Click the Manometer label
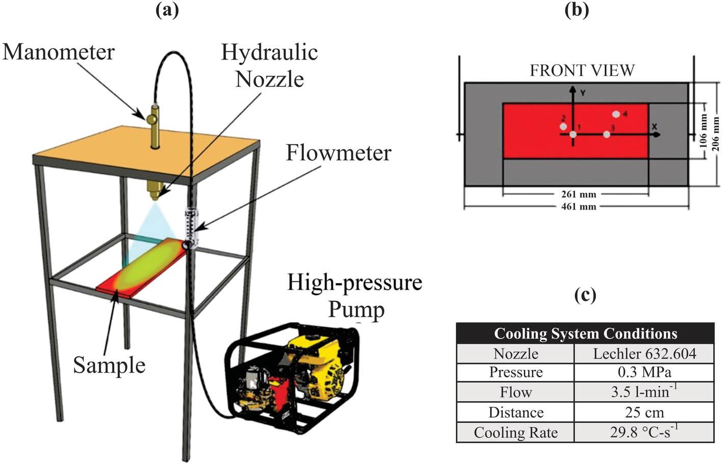pyautogui.click(x=59, y=53)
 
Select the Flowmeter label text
pyautogui.click(x=339, y=153)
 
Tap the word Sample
pyautogui.click(x=109, y=365)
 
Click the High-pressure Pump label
pyautogui.click(x=355, y=296)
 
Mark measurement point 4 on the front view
pyautogui.click(x=616, y=114)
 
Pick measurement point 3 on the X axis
pyautogui.click(x=607, y=134)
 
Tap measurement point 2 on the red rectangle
pyautogui.click(x=563, y=126)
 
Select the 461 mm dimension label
pyautogui.click(x=578, y=207)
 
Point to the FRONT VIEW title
pyautogui.click(x=582, y=70)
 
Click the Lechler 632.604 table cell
pyautogui.click(x=644, y=353)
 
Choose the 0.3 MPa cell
pyautogui.click(x=644, y=372)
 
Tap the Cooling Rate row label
pyautogui.click(x=515, y=432)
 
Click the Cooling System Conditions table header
pyautogui.click(x=585, y=333)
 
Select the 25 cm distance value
pyautogui.click(x=644, y=412)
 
